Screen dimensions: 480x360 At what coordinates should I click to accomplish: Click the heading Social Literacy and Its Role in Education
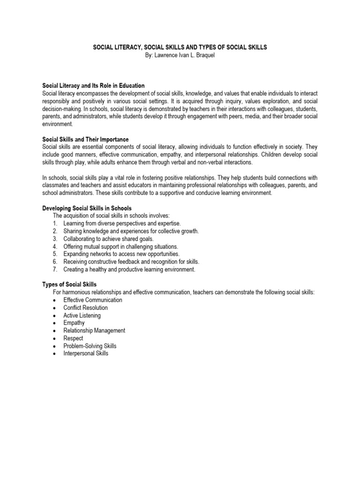(93, 86)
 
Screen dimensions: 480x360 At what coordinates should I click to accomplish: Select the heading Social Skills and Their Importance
(85, 140)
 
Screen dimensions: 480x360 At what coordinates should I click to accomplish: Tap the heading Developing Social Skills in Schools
(87, 208)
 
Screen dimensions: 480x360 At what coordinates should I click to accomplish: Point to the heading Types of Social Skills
(69, 285)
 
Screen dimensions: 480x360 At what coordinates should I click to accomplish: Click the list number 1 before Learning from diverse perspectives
(55, 224)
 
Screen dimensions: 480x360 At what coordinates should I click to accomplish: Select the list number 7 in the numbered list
(55, 270)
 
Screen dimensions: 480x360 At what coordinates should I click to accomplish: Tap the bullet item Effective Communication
(93, 300)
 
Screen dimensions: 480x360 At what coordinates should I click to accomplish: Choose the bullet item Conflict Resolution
(85, 307)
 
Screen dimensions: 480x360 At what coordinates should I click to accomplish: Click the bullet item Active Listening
(82, 315)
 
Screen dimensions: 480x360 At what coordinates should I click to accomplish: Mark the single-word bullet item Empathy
(74, 323)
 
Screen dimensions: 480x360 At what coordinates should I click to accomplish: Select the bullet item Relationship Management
(94, 330)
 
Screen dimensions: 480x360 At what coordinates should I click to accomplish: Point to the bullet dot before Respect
(55, 338)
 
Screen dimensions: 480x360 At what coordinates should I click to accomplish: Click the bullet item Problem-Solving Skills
(90, 346)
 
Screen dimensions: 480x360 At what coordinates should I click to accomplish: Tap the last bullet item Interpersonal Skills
(86, 353)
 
